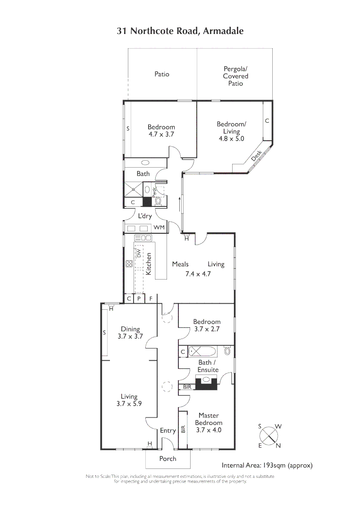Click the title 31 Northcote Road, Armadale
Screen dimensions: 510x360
[x=180, y=31]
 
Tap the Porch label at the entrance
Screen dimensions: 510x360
[x=167, y=459]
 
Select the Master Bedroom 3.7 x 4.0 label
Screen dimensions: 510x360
[x=208, y=423]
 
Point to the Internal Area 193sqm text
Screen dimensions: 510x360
[x=267, y=465]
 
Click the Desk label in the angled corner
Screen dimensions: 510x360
[x=256, y=155]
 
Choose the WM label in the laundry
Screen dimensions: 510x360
[x=159, y=228]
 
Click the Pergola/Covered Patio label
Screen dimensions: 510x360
[x=235, y=76]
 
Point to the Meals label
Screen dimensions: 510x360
[x=180, y=264]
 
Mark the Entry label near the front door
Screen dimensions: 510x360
[x=167, y=431]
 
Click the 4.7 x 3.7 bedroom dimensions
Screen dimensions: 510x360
[x=161, y=134]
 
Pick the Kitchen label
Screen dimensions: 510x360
[x=149, y=264]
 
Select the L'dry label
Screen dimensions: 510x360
[x=144, y=216]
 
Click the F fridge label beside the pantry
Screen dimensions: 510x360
[x=151, y=298]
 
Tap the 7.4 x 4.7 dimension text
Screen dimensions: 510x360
[x=198, y=273]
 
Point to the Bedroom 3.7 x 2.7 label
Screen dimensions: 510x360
[x=207, y=325]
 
